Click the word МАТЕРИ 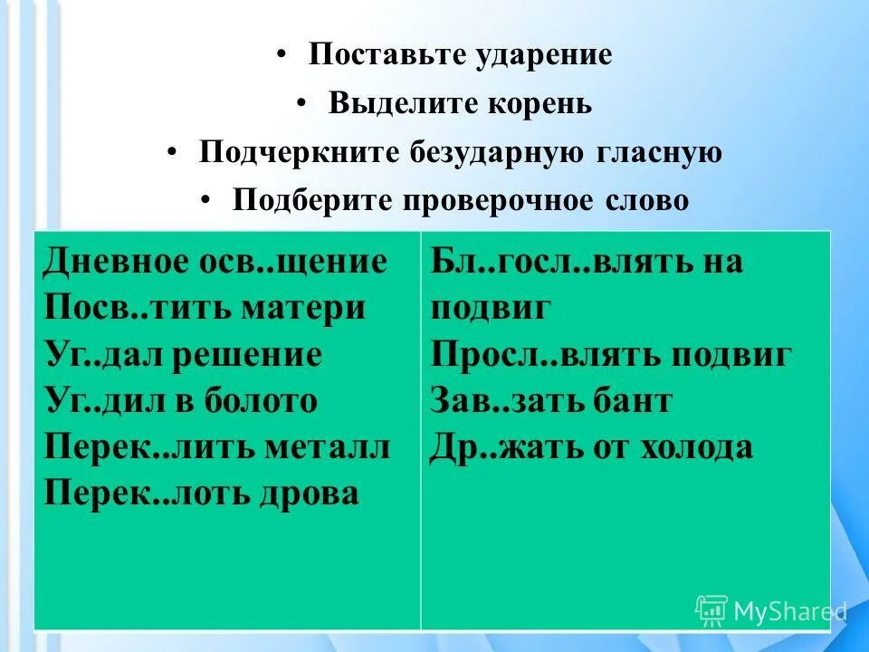(303, 308)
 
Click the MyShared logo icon (711, 610)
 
